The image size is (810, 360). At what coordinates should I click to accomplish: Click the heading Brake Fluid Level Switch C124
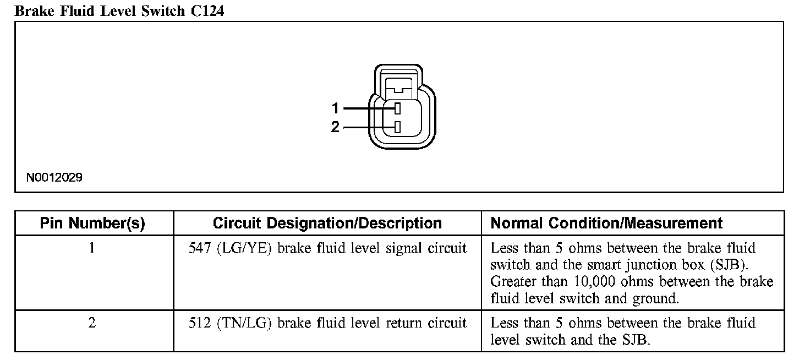click(x=119, y=10)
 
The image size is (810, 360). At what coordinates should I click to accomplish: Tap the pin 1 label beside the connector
click(x=335, y=108)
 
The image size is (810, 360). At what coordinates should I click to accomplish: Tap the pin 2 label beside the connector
click(x=335, y=127)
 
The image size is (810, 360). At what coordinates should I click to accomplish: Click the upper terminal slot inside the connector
click(x=397, y=108)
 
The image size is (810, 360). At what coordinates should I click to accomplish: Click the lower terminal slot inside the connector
click(x=397, y=127)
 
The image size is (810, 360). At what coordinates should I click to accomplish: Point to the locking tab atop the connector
click(x=398, y=85)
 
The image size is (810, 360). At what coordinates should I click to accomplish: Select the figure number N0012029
click(x=54, y=178)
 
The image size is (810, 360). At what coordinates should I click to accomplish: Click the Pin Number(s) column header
click(x=92, y=223)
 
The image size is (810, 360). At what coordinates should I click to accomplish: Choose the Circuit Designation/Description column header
click(x=327, y=223)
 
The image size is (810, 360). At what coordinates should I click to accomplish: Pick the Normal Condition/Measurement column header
click(x=606, y=223)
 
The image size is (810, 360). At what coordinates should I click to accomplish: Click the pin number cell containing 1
click(x=92, y=248)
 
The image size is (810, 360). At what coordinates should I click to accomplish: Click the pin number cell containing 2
click(x=92, y=323)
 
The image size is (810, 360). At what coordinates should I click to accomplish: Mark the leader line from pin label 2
click(x=368, y=127)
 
